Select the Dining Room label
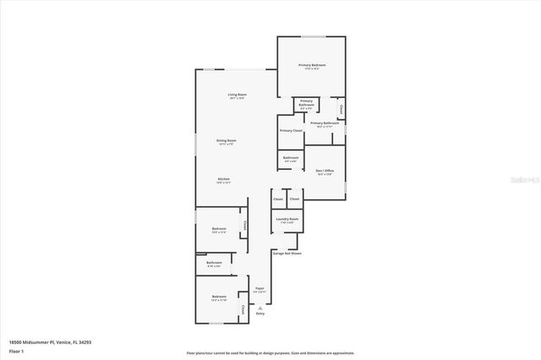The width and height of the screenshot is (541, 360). pos(226,141)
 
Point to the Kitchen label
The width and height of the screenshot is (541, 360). pos(224,180)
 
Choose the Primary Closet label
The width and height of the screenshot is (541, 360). pos(291,131)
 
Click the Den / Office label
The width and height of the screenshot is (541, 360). pos(325,172)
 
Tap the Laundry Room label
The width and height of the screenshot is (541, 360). pos(287,220)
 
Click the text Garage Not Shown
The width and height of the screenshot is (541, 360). pos(287,253)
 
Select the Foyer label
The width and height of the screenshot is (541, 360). pos(260,289)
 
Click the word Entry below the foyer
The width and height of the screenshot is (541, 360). pos(260,314)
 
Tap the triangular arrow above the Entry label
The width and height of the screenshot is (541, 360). pos(260,308)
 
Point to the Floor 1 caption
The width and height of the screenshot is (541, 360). pos(16,350)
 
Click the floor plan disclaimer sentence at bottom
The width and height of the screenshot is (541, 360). pos(270,352)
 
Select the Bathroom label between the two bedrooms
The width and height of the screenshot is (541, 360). pos(214,263)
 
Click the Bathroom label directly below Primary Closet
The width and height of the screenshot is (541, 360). pos(291,158)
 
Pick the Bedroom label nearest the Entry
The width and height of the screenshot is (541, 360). pos(219,297)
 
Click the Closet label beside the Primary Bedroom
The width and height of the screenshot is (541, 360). pos(341,109)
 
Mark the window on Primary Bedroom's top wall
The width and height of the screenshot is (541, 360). pos(312,36)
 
